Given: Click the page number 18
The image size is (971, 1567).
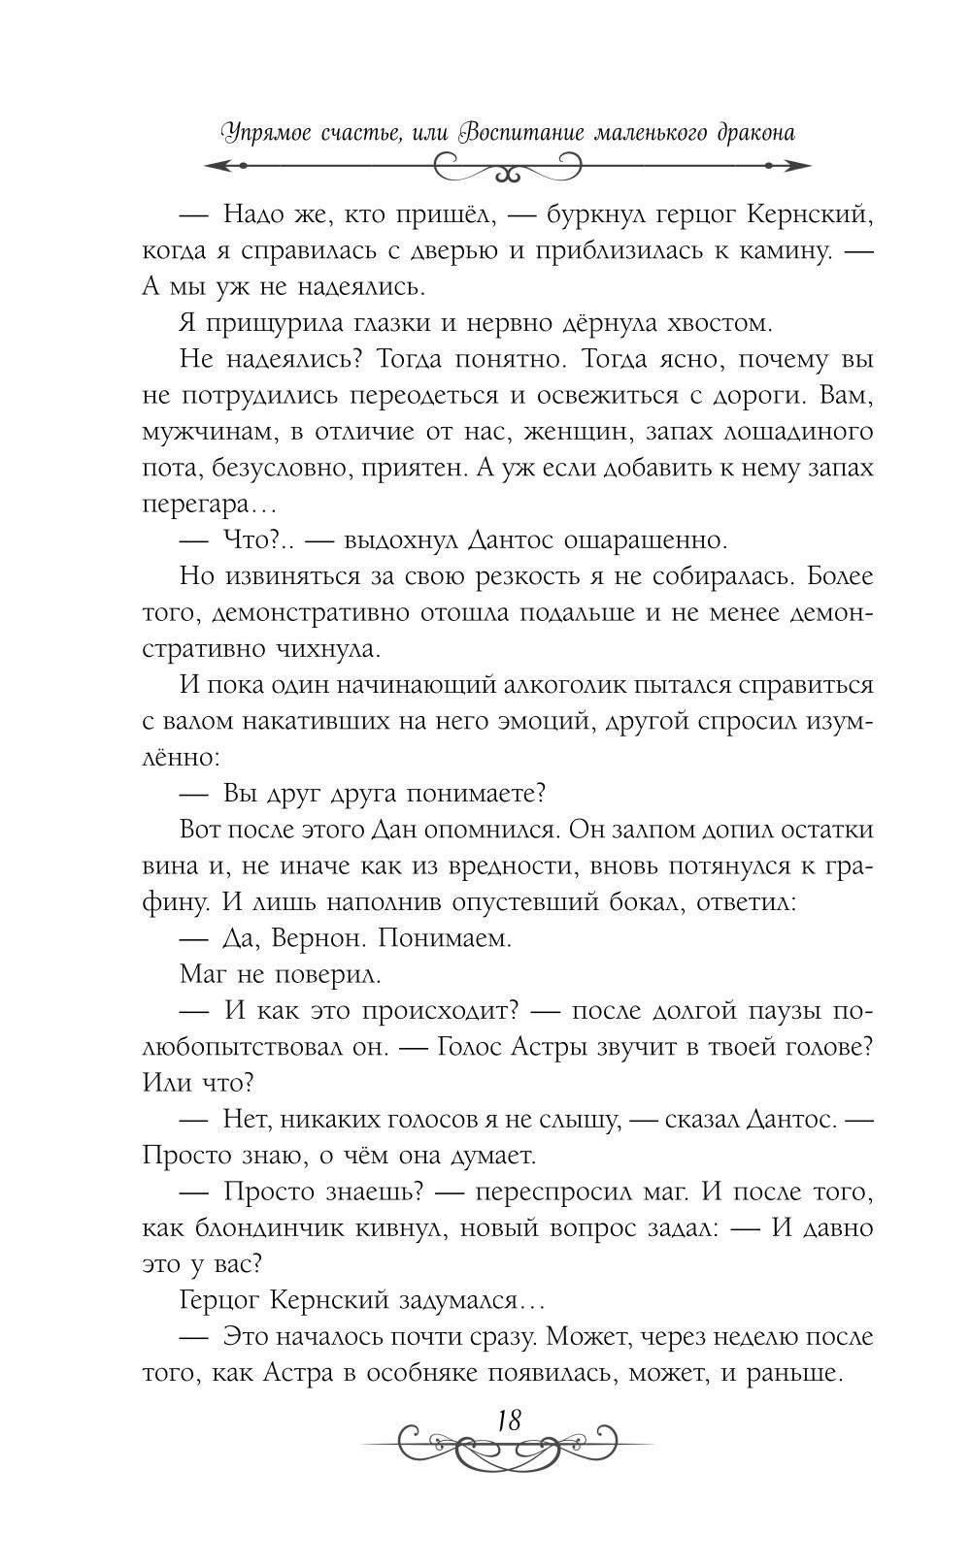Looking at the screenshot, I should point(510,1420).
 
